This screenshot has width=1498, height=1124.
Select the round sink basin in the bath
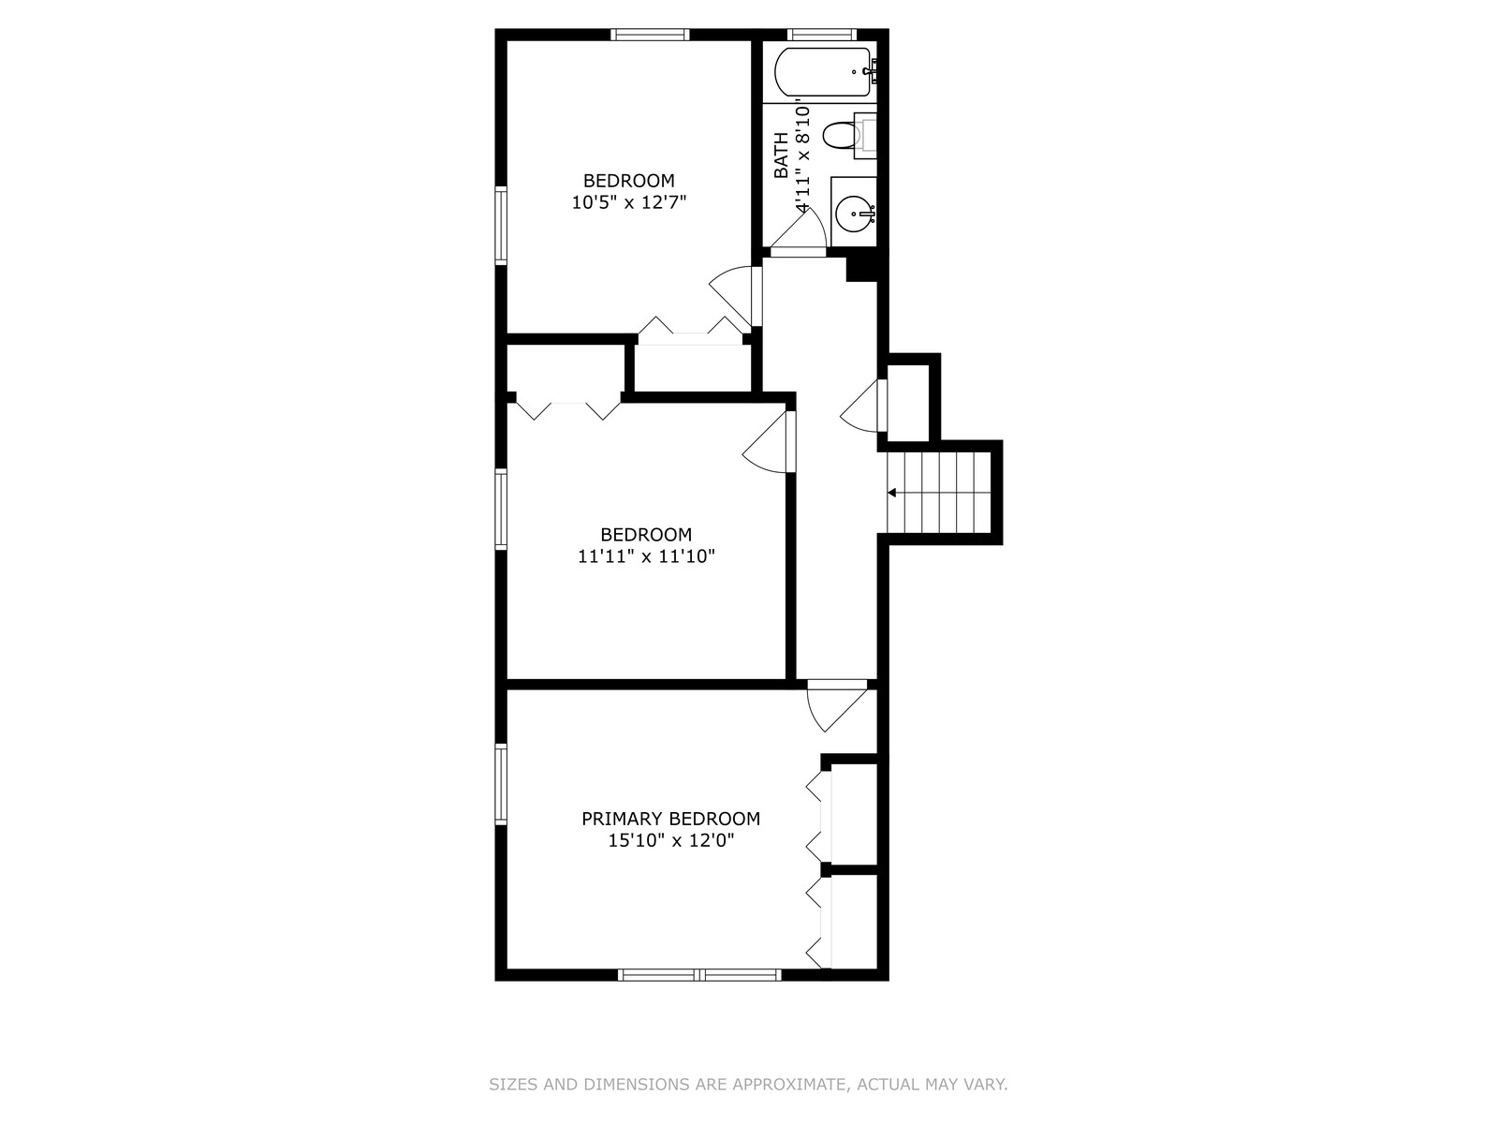click(x=853, y=214)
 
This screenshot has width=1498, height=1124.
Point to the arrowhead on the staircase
click(x=891, y=493)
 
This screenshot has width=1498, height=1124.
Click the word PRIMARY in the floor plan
click(x=623, y=819)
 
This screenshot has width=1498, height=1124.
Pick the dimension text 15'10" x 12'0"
click(x=671, y=840)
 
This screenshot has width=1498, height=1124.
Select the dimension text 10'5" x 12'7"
click(x=628, y=202)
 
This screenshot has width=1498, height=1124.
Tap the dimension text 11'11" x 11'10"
click(x=646, y=556)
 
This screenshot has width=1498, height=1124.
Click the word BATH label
click(x=781, y=155)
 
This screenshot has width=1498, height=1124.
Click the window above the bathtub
click(x=822, y=34)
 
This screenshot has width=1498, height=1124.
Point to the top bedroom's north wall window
click(x=650, y=34)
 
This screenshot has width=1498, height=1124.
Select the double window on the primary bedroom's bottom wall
click(x=699, y=975)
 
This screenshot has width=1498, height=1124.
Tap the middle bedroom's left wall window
click(x=501, y=510)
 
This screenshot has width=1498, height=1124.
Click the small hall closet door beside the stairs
click(x=864, y=406)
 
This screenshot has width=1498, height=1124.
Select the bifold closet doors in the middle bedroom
click(x=568, y=406)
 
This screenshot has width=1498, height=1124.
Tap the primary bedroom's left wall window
click(x=501, y=785)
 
